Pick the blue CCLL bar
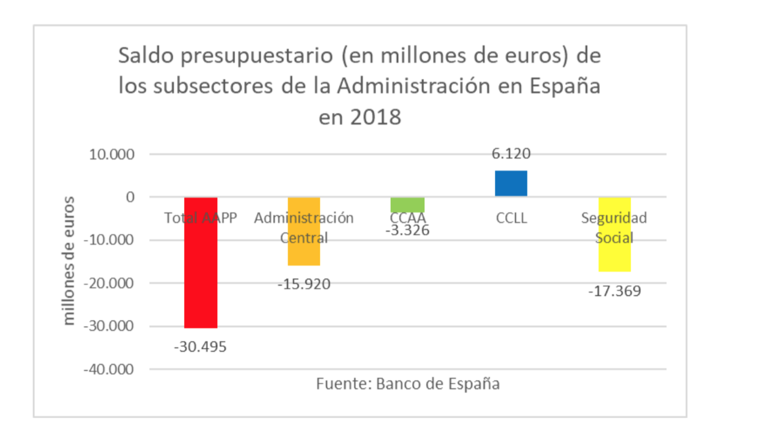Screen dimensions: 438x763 click(511, 183)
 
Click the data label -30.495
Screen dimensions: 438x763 click(201, 347)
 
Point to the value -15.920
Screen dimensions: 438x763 click(304, 284)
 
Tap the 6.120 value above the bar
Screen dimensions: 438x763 click(511, 154)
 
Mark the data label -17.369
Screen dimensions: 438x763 click(615, 291)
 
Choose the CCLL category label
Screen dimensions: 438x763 click(511, 218)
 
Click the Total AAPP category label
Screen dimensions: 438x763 click(201, 218)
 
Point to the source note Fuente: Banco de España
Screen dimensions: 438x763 click(408, 385)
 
